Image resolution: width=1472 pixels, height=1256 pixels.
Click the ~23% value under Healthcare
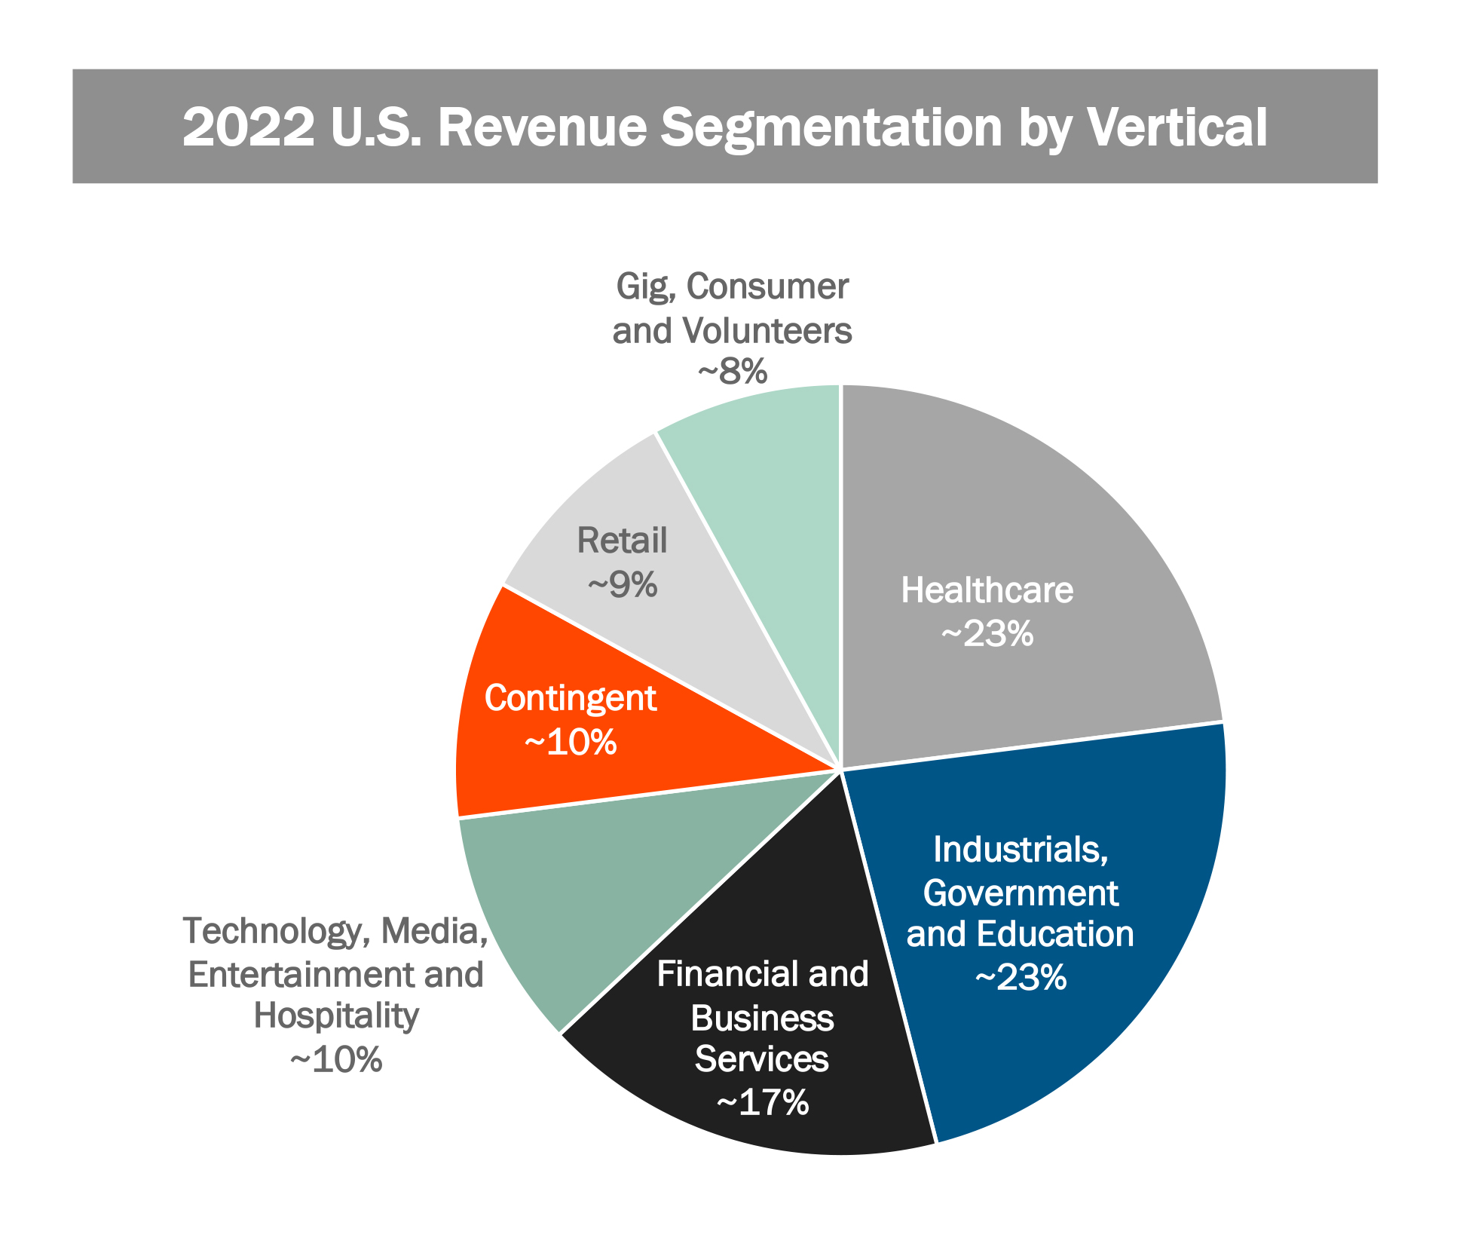pos(987,634)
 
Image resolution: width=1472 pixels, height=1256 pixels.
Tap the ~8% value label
pos(733,372)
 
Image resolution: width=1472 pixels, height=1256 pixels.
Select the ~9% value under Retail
pos(623,585)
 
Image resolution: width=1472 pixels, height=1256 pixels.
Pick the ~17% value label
pos(763,1102)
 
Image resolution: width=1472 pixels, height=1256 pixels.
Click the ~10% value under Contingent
pos(571,743)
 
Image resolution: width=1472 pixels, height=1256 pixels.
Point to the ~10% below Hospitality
pos(336,1060)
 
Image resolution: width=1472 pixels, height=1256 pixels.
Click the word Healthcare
pos(987,590)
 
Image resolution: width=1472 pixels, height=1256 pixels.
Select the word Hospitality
pos(336,1016)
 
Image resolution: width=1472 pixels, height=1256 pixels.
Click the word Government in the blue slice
pos(1021,893)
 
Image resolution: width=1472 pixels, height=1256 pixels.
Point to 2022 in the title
pos(249,127)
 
